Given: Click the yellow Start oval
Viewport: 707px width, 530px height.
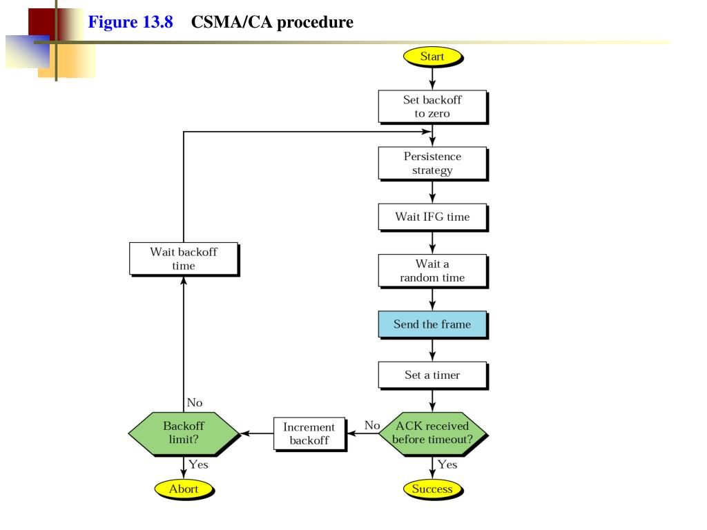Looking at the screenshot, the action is [x=432, y=57].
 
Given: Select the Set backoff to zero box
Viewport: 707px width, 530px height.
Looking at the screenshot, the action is [x=433, y=107].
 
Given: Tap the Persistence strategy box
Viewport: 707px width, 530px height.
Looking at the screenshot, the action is [x=433, y=164].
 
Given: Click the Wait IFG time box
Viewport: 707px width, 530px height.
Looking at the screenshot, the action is [x=433, y=217].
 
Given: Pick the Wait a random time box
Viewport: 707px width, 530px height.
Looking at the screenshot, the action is [x=433, y=271].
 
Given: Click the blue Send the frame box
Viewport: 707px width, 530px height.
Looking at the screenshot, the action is [x=433, y=324].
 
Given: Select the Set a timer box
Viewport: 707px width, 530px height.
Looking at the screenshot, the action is [x=433, y=375].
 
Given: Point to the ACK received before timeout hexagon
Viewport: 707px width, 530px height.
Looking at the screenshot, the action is [x=433, y=433].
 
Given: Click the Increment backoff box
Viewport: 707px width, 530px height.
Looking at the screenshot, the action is [x=309, y=433].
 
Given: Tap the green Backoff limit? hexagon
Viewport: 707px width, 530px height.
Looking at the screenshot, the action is [x=184, y=433].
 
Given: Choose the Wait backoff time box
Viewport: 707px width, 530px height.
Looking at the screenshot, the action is [x=184, y=259].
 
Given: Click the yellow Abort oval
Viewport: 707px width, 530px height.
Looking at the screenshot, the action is [x=184, y=489].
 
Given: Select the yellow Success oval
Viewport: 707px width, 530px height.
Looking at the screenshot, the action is [x=432, y=489].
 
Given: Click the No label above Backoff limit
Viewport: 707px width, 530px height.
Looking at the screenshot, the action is [x=195, y=402].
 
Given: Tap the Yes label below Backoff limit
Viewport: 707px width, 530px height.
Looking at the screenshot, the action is [x=198, y=464].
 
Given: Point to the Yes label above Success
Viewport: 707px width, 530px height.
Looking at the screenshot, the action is [x=447, y=464].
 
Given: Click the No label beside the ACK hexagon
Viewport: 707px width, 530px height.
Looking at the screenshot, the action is [x=372, y=425].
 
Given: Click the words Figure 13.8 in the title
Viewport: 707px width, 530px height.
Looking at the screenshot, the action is [x=130, y=21].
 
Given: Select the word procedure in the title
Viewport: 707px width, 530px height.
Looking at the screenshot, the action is [x=315, y=22].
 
